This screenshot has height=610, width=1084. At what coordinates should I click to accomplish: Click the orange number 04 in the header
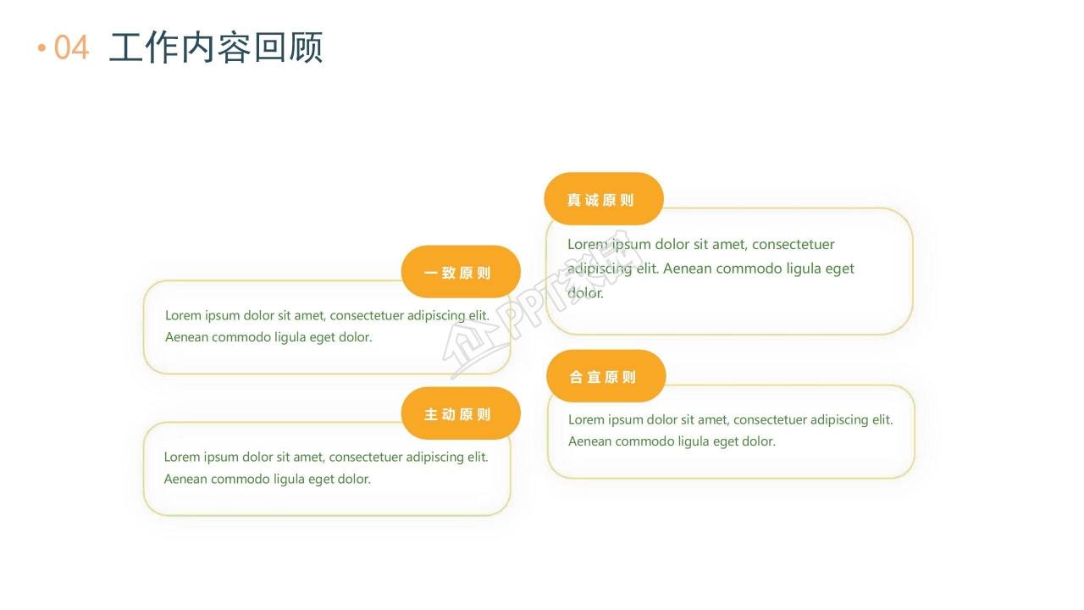click(71, 47)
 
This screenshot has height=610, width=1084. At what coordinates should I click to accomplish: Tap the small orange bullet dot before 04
click(41, 47)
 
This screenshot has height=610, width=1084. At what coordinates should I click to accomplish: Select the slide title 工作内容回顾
click(216, 47)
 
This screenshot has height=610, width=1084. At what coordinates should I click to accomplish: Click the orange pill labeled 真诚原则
click(603, 200)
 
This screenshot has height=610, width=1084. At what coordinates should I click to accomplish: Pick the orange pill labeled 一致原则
click(460, 272)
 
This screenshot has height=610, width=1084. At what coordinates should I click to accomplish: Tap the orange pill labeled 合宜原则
click(606, 376)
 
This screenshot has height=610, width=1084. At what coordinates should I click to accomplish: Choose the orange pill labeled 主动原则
click(460, 413)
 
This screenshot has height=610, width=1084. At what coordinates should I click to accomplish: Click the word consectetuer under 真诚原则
click(793, 244)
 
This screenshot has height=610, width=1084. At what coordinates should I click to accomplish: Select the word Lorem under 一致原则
click(183, 315)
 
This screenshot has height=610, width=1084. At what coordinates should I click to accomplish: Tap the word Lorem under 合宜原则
click(586, 419)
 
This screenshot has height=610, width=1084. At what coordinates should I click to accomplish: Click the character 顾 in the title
click(306, 47)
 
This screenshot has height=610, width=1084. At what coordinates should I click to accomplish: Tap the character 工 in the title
click(126, 47)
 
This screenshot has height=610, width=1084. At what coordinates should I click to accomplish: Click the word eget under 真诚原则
click(839, 269)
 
